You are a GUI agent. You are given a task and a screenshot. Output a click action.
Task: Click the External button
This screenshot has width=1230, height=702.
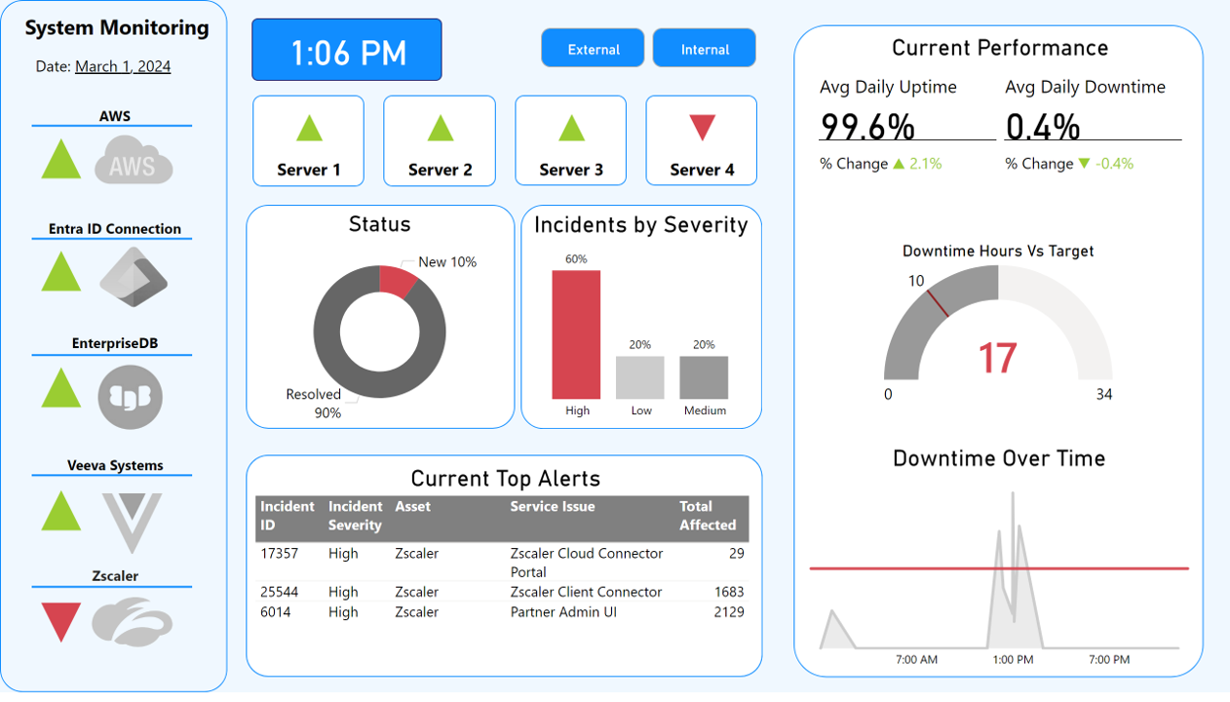click(x=593, y=49)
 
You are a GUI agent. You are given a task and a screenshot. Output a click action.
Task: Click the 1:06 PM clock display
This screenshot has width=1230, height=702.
click(x=347, y=51)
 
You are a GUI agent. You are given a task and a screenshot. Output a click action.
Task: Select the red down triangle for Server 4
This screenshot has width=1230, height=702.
click(x=702, y=127)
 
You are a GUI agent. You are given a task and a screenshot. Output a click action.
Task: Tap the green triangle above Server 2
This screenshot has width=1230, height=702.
click(x=440, y=129)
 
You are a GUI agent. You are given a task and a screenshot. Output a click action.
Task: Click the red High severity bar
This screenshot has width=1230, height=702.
click(x=576, y=334)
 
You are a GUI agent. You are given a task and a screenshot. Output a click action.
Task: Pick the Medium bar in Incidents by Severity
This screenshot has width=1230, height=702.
click(x=704, y=377)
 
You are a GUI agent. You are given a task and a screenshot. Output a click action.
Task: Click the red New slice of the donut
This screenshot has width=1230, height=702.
click(x=397, y=281)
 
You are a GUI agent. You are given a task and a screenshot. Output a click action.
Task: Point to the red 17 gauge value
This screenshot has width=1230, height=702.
click(x=997, y=358)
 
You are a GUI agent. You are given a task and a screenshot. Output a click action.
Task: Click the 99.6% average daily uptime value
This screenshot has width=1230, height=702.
click(x=867, y=127)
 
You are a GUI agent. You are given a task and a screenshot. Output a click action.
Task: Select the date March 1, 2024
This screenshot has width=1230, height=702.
click(x=123, y=66)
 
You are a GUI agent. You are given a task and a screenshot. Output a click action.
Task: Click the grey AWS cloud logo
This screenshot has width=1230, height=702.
click(x=134, y=161)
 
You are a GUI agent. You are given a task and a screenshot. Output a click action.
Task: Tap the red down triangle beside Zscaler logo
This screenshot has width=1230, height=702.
click(x=61, y=621)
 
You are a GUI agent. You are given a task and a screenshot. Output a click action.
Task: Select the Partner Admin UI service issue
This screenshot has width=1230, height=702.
click(x=563, y=612)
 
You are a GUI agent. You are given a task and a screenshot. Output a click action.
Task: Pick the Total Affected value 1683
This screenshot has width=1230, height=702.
click(x=728, y=592)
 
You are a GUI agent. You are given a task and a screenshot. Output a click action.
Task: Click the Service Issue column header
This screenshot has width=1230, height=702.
click(x=552, y=507)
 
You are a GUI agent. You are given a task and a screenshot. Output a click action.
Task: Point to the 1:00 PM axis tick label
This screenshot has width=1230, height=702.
click(x=1013, y=660)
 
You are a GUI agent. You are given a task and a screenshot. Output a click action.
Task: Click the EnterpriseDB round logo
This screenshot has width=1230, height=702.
click(x=131, y=397)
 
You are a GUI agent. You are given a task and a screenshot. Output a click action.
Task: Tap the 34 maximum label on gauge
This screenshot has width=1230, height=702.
click(x=1103, y=395)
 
